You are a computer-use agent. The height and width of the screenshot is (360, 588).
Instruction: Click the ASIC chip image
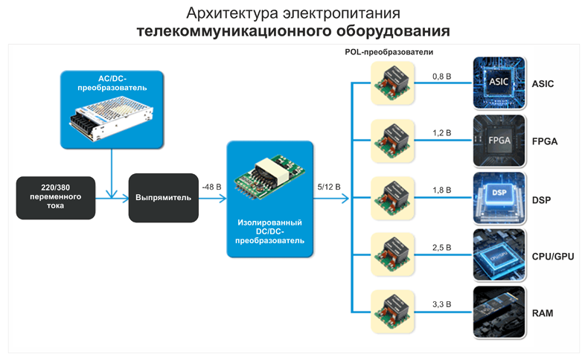tap(499, 83)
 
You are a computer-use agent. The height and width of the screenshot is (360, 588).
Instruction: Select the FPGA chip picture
tap(499, 141)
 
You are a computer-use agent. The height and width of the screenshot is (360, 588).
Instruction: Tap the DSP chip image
tap(499, 198)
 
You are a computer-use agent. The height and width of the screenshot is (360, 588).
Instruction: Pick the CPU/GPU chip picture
tap(499, 256)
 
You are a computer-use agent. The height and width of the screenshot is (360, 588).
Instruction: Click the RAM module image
tap(499, 313)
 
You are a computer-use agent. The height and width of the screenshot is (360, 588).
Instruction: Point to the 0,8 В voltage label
tap(441, 76)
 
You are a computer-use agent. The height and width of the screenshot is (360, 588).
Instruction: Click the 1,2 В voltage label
tap(441, 133)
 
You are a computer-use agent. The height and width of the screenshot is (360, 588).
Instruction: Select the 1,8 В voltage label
tap(441, 190)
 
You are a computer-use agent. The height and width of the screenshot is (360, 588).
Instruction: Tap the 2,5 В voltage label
tap(441, 248)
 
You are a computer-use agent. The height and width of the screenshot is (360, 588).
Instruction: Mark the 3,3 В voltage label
tap(441, 305)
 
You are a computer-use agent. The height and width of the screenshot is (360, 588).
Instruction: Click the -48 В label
tap(211, 187)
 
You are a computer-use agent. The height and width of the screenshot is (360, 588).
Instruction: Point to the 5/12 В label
tap(327, 187)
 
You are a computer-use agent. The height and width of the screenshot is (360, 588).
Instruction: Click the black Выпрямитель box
tap(163, 198)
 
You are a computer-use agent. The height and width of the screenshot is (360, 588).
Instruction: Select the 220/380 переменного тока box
tap(56, 197)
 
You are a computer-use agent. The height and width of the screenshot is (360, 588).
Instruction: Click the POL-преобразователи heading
tap(389, 53)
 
